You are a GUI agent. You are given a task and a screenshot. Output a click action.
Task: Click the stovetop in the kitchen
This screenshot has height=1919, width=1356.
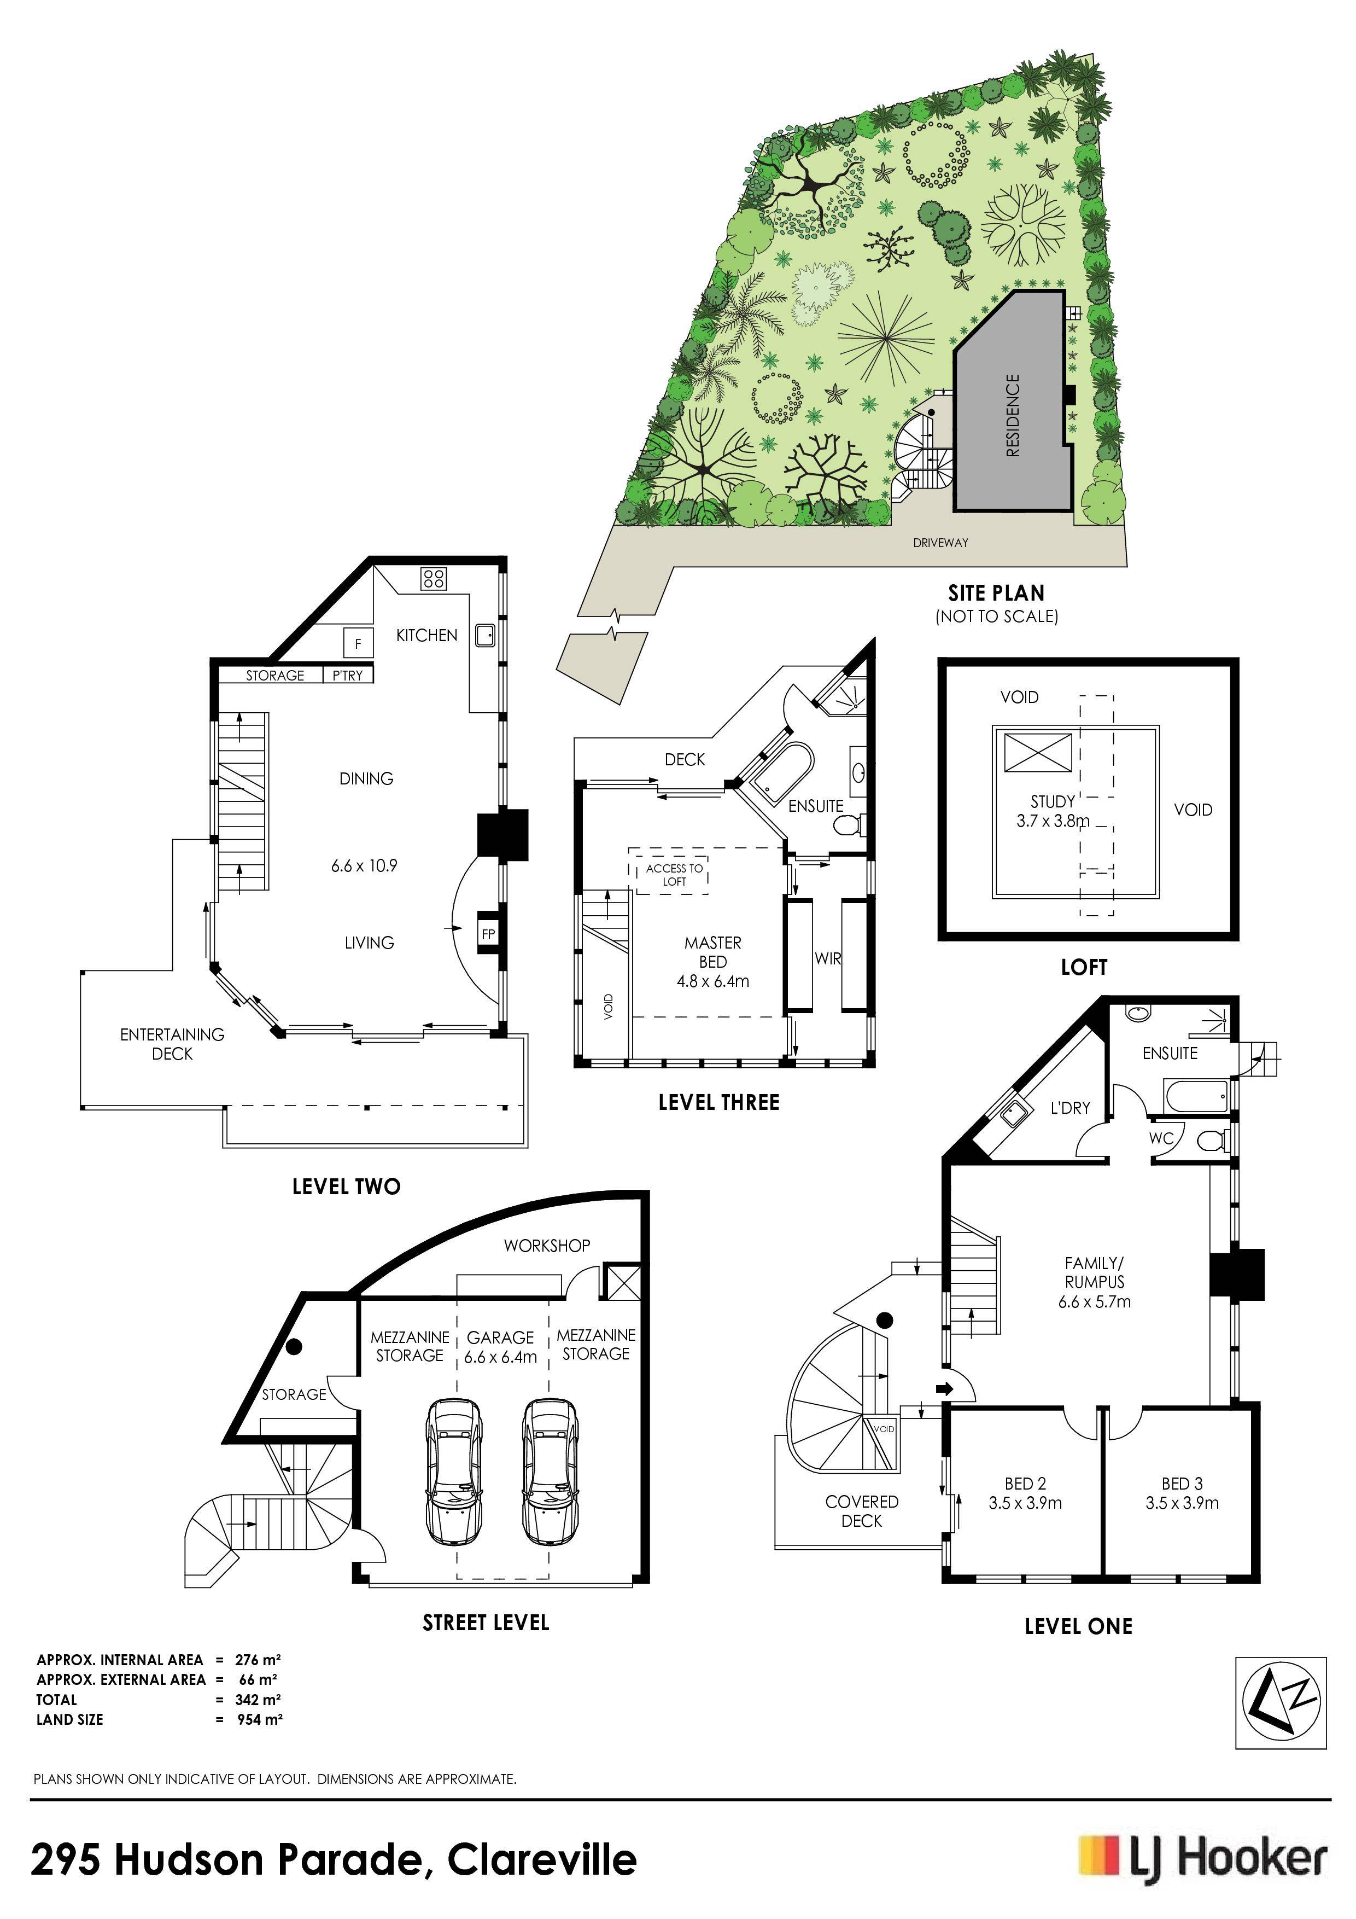tap(433, 578)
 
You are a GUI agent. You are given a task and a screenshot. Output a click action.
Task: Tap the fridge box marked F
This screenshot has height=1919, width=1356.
tap(359, 643)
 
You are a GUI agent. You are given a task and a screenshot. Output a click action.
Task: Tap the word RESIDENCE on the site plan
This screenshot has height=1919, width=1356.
tap(1013, 415)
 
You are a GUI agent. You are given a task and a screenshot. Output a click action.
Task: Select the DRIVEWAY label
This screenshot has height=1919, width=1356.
tap(941, 543)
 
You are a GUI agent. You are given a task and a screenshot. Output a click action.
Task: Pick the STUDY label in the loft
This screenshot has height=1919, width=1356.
tap(1053, 801)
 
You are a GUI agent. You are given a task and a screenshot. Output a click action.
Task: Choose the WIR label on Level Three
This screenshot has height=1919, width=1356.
tap(828, 958)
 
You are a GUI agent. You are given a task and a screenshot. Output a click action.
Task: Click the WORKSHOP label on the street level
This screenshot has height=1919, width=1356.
tap(547, 1246)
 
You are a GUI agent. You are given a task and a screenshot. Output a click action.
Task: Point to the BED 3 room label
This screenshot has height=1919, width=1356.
tap(1182, 1484)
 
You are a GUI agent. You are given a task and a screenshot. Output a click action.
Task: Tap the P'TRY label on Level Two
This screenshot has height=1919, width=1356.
tap(348, 676)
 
